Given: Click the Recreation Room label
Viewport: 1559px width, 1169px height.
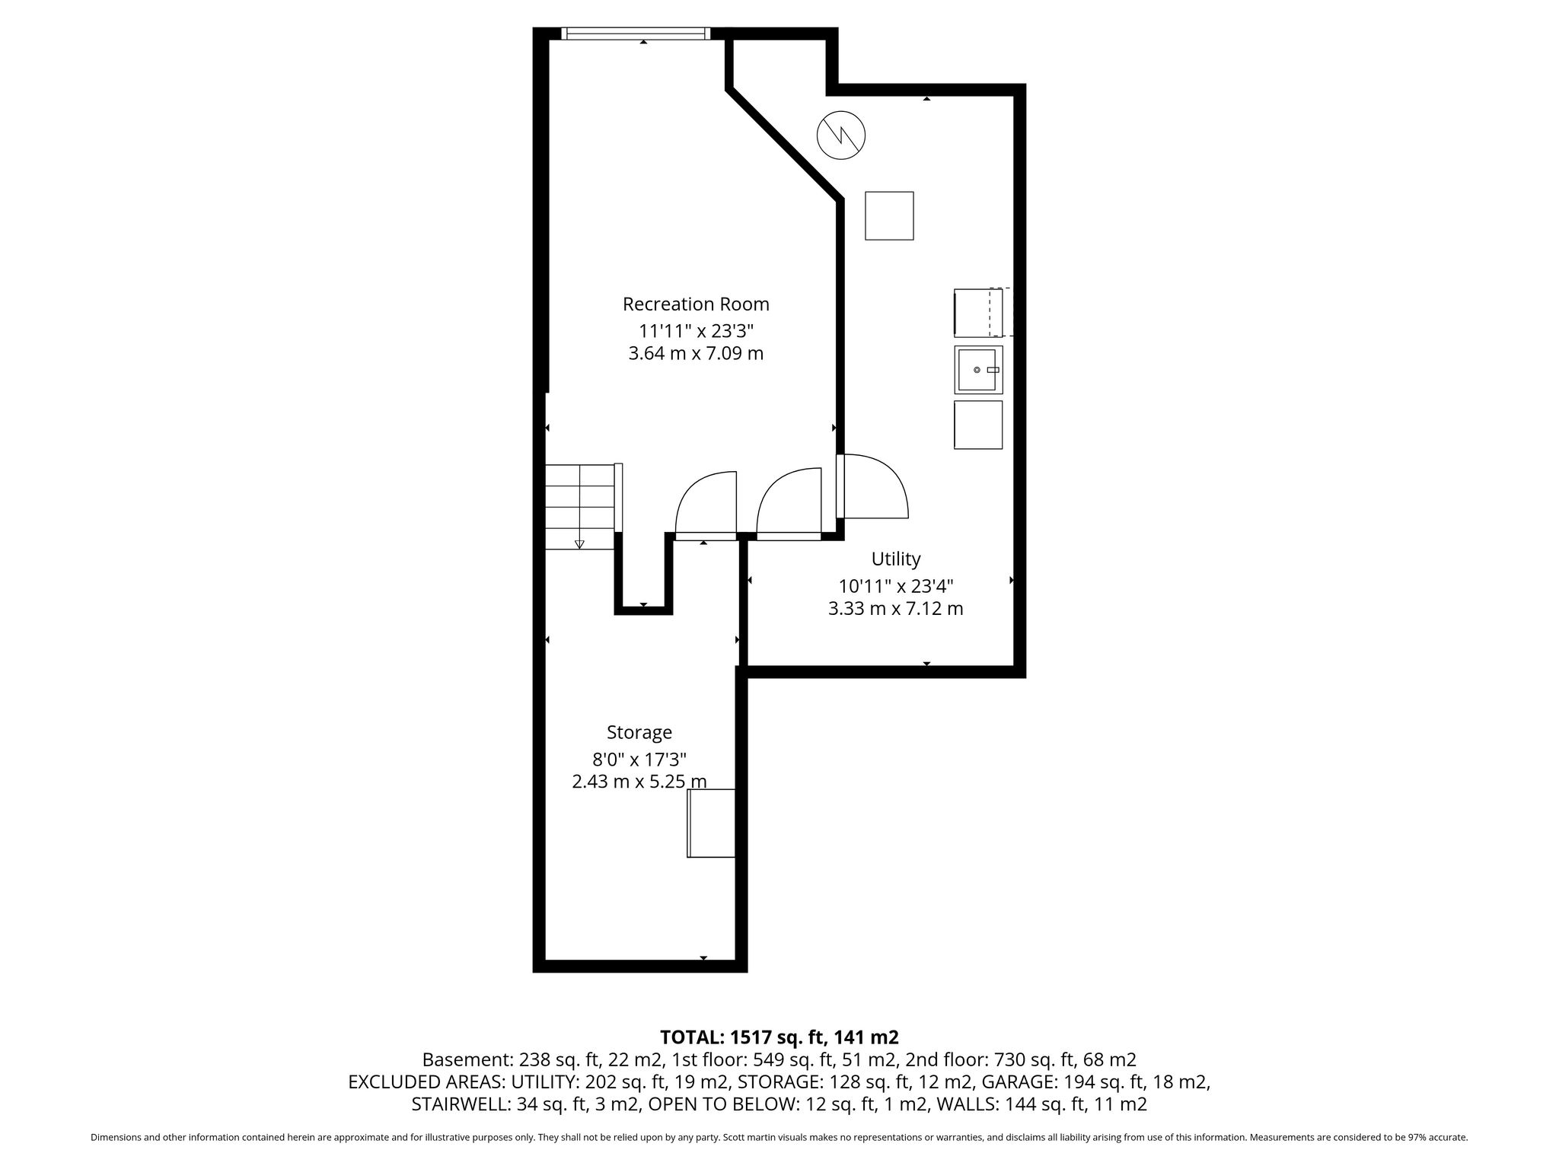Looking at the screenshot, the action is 696,304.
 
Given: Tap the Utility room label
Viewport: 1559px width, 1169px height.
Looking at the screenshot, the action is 896,559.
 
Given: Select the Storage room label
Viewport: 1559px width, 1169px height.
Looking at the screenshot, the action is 639,733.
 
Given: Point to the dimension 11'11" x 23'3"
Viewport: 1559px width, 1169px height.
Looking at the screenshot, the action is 696,331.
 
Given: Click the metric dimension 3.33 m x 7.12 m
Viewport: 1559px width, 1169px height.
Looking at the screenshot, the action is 896,609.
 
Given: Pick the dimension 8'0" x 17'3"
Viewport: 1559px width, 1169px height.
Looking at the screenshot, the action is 639,760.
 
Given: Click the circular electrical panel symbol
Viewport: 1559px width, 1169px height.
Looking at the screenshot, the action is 841,136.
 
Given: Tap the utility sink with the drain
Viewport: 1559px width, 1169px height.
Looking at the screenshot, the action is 978,369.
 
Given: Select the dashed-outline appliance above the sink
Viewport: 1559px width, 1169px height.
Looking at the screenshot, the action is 983,312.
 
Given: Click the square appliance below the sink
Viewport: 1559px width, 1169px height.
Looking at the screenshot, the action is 978,425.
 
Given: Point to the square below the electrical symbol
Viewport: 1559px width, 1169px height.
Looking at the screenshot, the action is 889,216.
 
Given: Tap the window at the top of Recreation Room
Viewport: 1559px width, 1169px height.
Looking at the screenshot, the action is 636,33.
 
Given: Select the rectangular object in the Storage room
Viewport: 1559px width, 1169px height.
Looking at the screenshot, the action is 711,823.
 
